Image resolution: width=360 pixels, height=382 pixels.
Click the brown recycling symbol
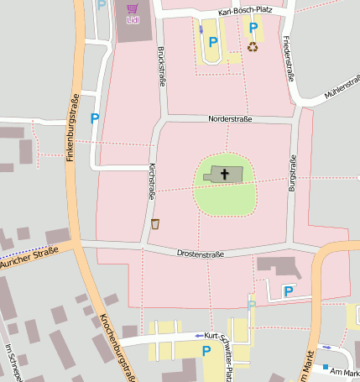click(x=253, y=46)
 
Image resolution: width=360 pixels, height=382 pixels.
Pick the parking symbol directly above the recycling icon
click(x=253, y=28)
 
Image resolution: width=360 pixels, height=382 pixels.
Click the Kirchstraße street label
click(x=151, y=181)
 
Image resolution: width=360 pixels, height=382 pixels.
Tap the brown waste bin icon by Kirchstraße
click(x=155, y=223)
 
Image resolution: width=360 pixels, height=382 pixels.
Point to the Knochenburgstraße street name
click(x=117, y=347)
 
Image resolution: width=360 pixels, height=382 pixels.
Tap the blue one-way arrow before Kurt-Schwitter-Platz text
click(x=197, y=335)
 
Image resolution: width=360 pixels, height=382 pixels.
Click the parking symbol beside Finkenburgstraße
click(x=94, y=119)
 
